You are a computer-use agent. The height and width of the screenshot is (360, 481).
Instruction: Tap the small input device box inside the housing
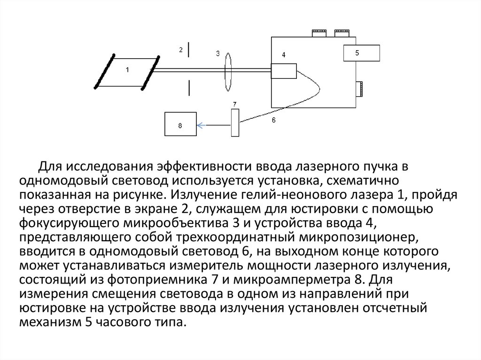coord(284,71)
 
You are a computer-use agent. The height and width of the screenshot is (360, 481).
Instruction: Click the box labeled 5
coord(361,53)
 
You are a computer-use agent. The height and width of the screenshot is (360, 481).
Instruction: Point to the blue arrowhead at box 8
coord(200,125)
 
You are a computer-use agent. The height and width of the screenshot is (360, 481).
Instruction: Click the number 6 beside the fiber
coord(273,121)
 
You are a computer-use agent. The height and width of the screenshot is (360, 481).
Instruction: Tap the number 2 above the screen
coord(180,49)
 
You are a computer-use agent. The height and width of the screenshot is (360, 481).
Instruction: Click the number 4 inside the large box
coord(284,55)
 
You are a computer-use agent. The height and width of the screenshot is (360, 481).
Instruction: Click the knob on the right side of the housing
coord(359,88)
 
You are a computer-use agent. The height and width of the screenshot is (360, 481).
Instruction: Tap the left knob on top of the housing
coord(319,33)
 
